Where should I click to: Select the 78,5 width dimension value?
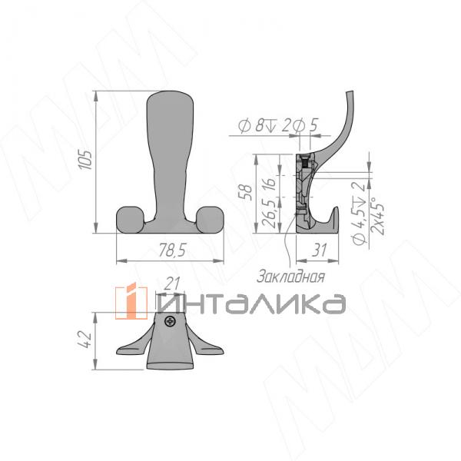tap(171, 250)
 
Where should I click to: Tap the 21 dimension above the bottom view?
tap(172, 284)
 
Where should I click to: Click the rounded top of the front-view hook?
tap(167, 104)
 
